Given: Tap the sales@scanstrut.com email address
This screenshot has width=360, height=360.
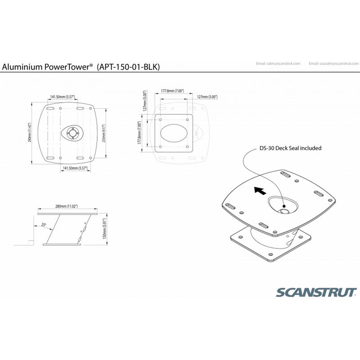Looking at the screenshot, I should point(278,63).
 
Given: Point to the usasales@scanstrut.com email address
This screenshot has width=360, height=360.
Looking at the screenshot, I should point(333,63).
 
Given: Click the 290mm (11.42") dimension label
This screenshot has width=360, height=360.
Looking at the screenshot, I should point(28,133).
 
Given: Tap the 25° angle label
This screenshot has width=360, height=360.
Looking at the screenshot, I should point(44,224).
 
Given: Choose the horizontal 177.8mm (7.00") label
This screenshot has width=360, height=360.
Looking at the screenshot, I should point(172,91).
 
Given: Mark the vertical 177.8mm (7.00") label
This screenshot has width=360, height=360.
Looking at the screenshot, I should point(140,132).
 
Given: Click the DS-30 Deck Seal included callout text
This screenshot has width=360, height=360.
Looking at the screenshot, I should point(290,148).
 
